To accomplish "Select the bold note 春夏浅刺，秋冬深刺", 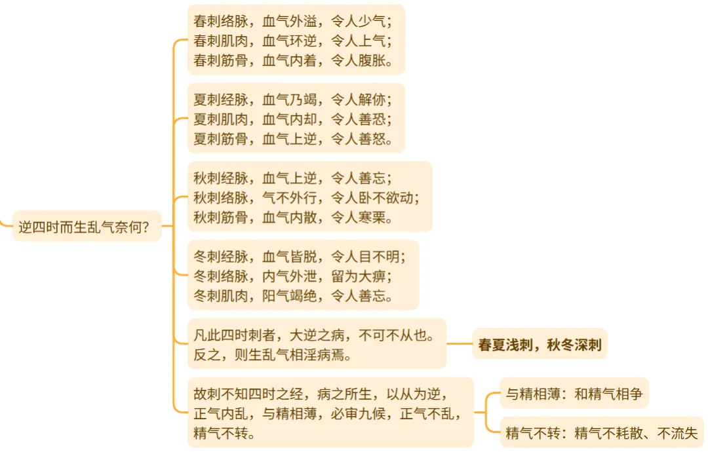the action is pos(540,344).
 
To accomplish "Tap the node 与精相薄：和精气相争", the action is pos(574,394).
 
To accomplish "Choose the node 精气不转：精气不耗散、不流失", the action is pos(601,432).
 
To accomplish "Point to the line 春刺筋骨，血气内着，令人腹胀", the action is pos(293,61).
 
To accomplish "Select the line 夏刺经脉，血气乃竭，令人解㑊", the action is pos(293,100).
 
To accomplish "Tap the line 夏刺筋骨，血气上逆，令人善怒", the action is pos(293,139).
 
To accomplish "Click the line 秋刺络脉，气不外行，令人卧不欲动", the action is pos(306,197).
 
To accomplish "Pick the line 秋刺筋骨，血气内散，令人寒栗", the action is pos(293,217).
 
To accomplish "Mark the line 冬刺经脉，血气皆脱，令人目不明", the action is pos(300,256).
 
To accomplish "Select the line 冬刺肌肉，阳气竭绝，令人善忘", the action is pos(293,295).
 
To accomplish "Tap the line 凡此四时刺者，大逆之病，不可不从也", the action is pos(313,336).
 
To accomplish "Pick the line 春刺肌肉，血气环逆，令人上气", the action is pos(293,41).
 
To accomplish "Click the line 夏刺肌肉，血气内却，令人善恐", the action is pos(293,119).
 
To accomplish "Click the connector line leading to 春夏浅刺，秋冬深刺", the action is pos(459,343).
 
